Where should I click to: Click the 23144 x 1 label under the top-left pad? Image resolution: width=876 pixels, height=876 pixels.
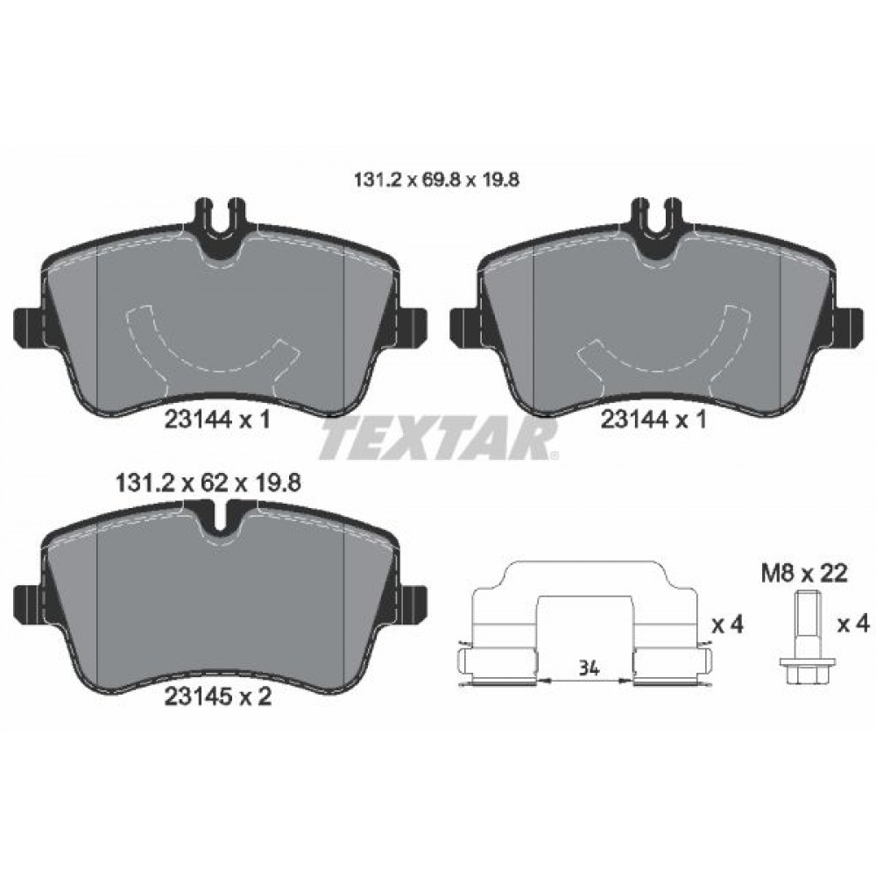(216, 420)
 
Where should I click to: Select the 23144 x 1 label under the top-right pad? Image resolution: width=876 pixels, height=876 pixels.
(653, 420)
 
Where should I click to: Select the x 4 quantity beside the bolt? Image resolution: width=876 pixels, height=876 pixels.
(851, 625)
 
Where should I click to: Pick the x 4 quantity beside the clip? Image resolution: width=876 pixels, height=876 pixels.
(726, 625)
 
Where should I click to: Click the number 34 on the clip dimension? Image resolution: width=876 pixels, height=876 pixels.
(589, 669)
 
